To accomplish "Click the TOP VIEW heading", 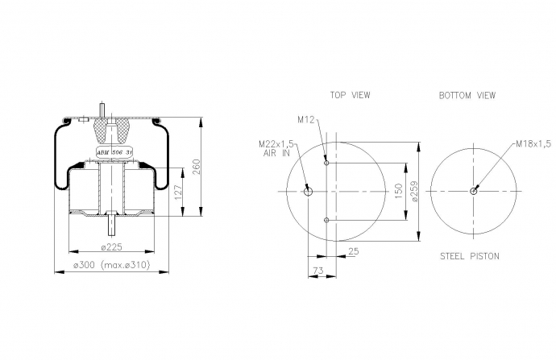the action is (350, 95).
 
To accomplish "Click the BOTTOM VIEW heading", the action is (467, 95).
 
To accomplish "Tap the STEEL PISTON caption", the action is (470, 256).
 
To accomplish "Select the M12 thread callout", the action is (306, 120).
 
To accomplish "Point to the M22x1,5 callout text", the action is (276, 144).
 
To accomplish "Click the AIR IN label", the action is (276, 153).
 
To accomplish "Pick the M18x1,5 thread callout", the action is (533, 143).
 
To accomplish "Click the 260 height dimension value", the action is (196, 167).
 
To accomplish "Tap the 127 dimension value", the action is (178, 192).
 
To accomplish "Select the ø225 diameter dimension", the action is (112, 246).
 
